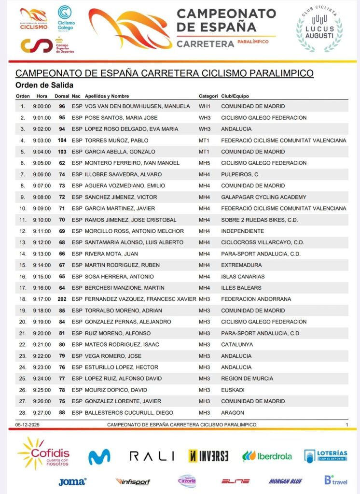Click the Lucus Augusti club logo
click(319, 29)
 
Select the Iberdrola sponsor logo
click(267, 456)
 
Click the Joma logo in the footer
click(72, 481)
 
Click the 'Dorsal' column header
click(62, 96)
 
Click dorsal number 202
click(62, 299)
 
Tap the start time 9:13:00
click(42, 254)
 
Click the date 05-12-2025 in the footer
click(28, 424)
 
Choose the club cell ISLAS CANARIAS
click(243, 276)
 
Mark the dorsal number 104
click(62, 140)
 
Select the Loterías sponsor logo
click(326, 455)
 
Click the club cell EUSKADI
click(233, 390)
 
